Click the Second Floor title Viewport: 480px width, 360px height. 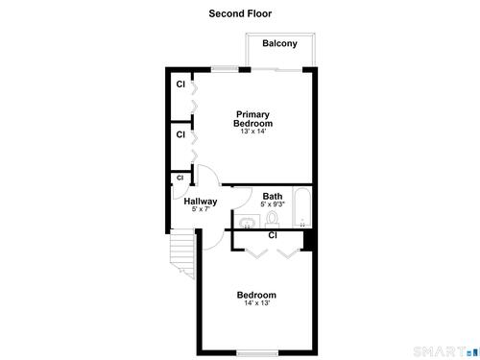pyautogui.click(x=240, y=13)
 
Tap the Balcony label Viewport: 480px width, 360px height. pyautogui.click(x=279, y=43)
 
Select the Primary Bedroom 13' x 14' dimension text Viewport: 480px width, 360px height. pyautogui.click(x=253, y=132)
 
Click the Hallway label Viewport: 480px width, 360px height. pyautogui.click(x=201, y=202)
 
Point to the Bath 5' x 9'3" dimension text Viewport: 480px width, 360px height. pyautogui.click(x=273, y=204)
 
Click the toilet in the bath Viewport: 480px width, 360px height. pyautogui.click(x=273, y=220)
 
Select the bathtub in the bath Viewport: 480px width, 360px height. pyautogui.click(x=302, y=207)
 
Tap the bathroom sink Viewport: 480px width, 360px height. pyautogui.click(x=247, y=222)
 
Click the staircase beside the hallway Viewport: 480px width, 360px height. pyautogui.click(x=182, y=252)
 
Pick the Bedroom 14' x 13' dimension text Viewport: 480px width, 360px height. pyautogui.click(x=257, y=302)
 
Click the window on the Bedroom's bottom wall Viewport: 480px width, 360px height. pyautogui.click(x=257, y=353)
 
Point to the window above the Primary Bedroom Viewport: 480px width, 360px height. pyautogui.click(x=225, y=69)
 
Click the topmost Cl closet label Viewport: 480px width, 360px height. pyautogui.click(x=180, y=84)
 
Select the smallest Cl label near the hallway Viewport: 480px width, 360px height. pyautogui.click(x=180, y=178)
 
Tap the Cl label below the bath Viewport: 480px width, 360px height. pyautogui.click(x=273, y=235)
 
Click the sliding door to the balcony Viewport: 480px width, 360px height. pyautogui.click(x=276, y=69)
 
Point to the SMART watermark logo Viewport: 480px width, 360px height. pyautogui.click(x=445, y=352)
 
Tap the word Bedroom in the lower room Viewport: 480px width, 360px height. pyautogui.click(x=256, y=295)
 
